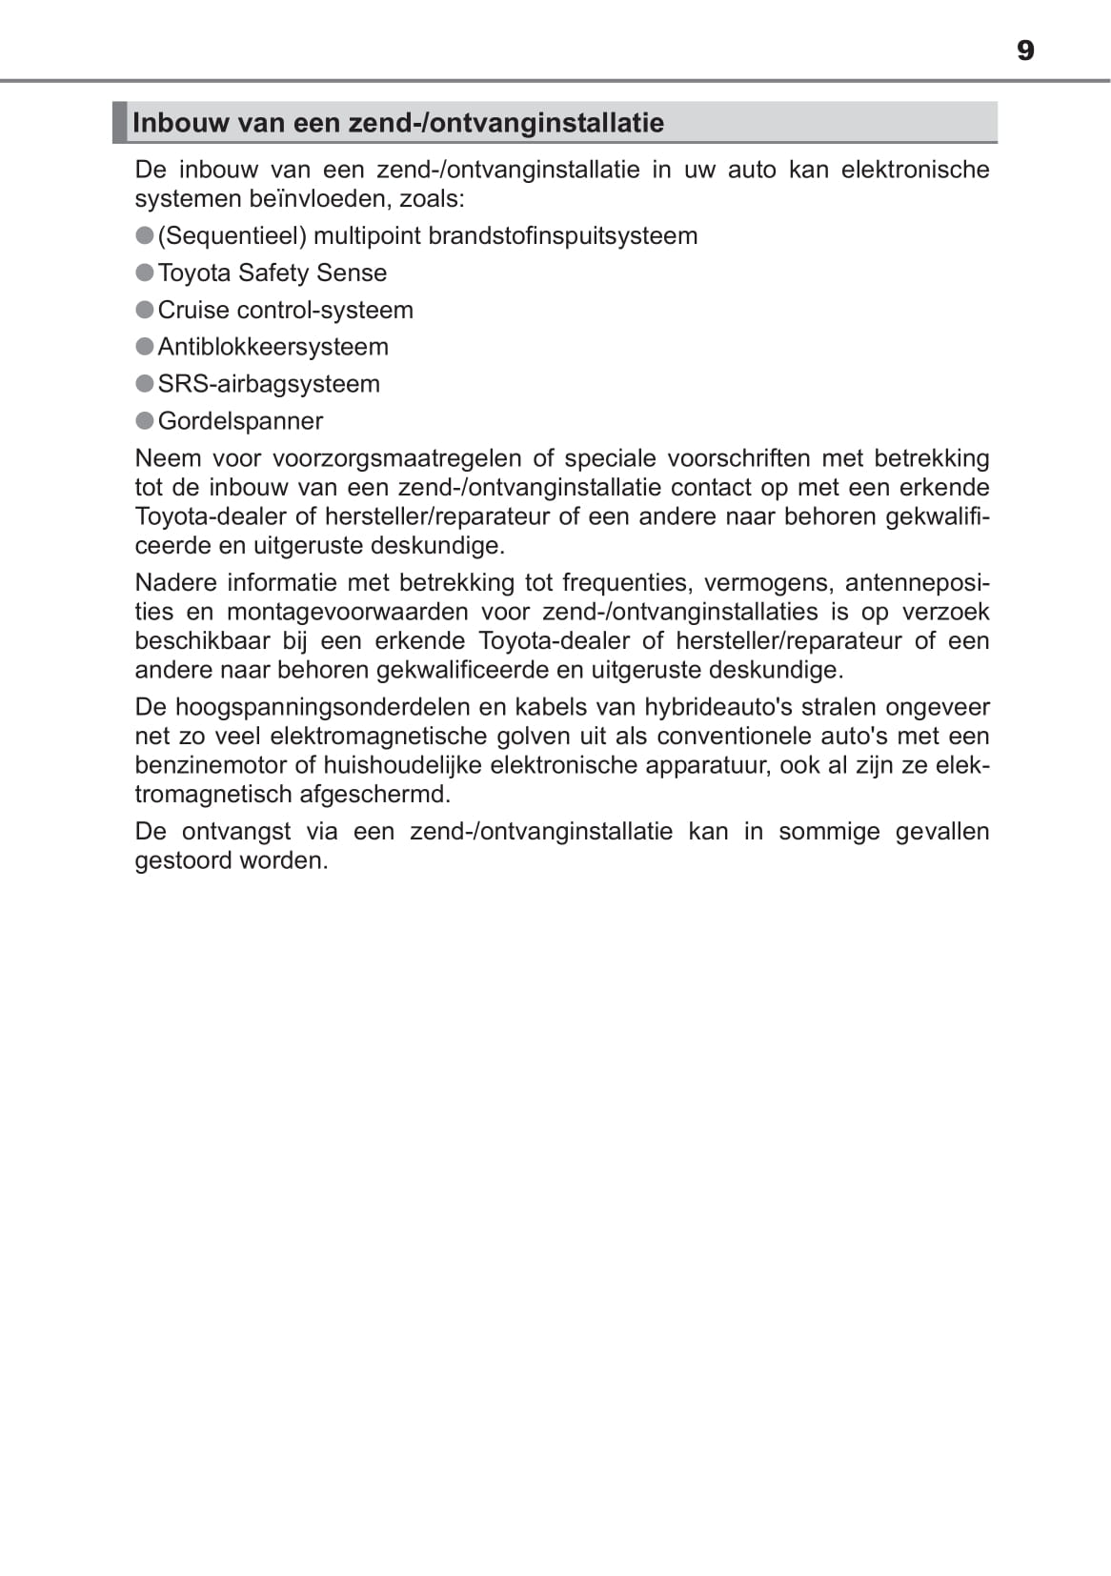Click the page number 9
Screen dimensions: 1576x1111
(1025, 51)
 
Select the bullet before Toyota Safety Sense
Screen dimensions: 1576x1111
(145, 273)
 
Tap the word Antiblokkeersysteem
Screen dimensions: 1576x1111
(273, 347)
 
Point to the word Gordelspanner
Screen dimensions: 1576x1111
(240, 421)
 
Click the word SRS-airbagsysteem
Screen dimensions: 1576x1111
(269, 384)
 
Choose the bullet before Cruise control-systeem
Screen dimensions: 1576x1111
(145, 310)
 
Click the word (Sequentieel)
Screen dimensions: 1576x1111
(232, 236)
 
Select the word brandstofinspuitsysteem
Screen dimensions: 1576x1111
(563, 236)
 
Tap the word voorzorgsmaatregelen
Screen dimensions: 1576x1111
(396, 458)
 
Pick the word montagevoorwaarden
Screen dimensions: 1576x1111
(348, 612)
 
